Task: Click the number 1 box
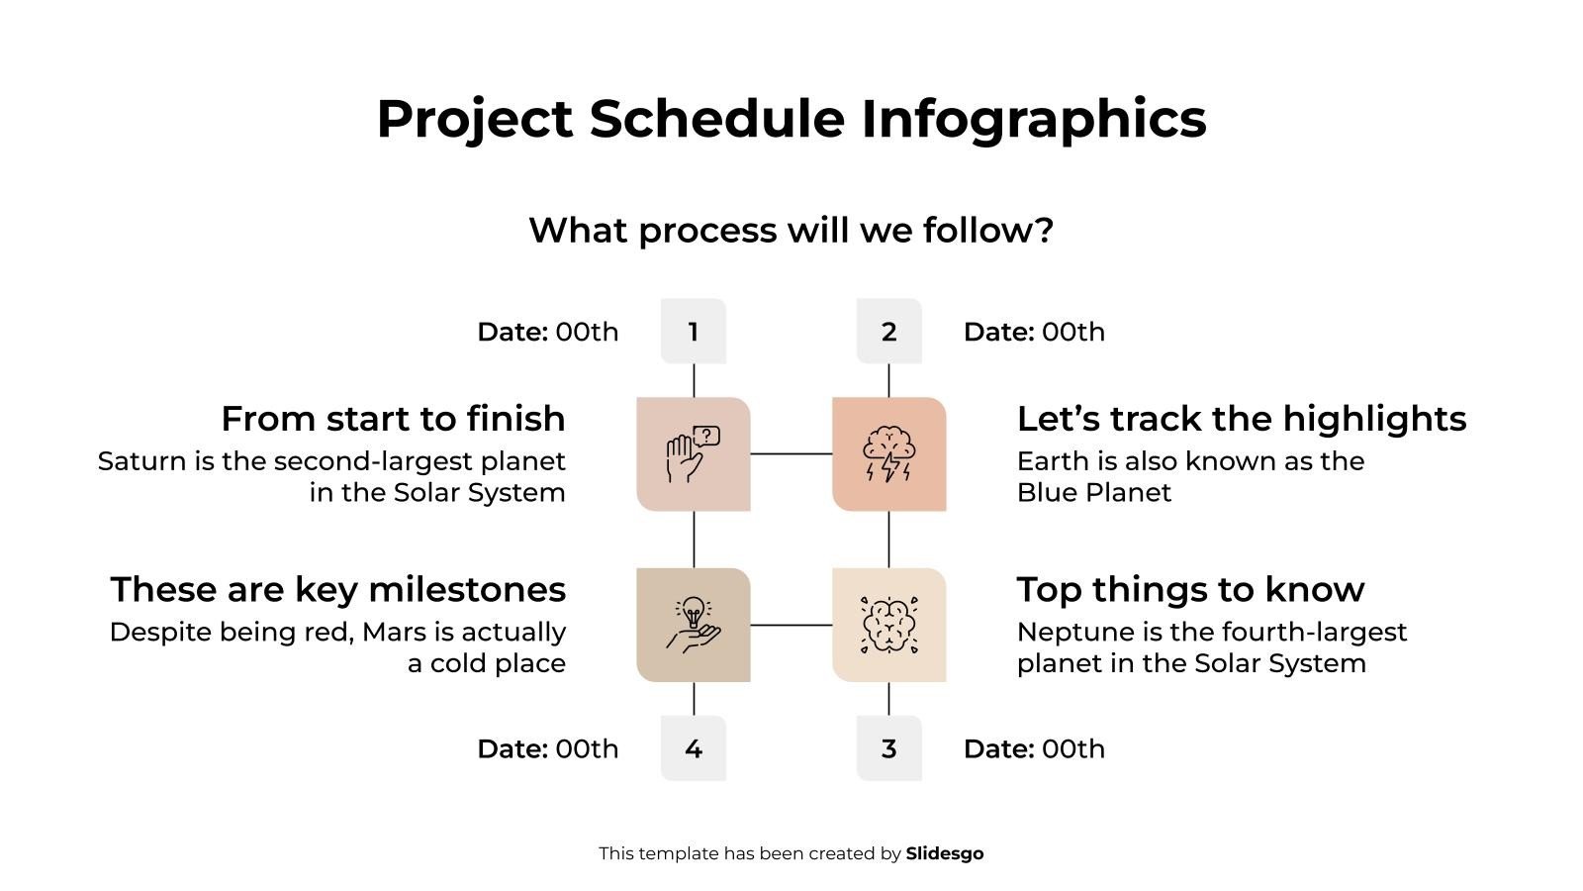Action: pos(693,332)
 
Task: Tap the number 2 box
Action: pos(888,332)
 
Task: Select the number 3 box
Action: pos(888,748)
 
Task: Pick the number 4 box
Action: pos(693,748)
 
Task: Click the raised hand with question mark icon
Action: pos(693,454)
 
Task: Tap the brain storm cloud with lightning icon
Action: pos(888,454)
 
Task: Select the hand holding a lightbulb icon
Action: pos(693,625)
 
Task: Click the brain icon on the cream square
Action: pos(888,625)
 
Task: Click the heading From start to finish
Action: pos(393,419)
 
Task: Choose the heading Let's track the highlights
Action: pos(1241,419)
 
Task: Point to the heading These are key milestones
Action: pos(337,589)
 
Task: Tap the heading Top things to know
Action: pos(1190,589)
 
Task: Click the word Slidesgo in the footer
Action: pos(944,853)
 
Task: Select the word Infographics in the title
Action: pos(1033,119)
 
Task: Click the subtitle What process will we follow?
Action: pos(791,231)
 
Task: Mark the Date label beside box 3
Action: pos(998,748)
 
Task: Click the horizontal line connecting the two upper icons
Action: pos(791,453)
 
